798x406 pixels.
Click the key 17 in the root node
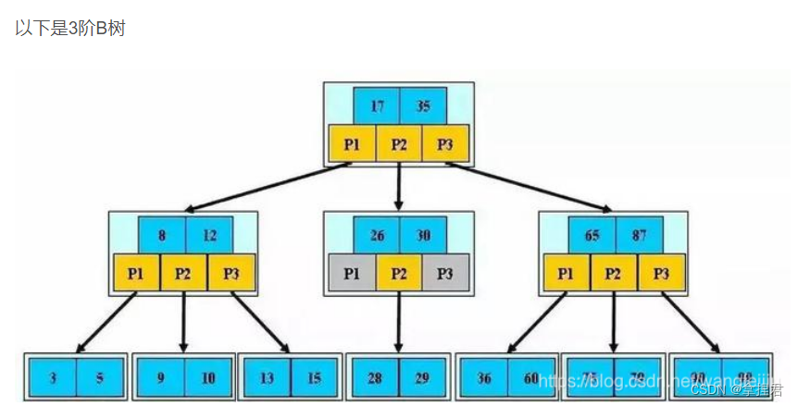[377, 106]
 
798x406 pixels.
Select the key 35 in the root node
[423, 106]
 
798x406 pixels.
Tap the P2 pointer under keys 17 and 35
[399, 143]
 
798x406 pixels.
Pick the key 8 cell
[162, 235]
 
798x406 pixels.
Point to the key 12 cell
[208, 235]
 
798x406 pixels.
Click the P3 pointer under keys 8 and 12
[231, 273]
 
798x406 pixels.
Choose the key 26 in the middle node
[377, 235]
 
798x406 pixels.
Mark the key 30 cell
[423, 235]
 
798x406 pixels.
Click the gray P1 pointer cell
[352, 273]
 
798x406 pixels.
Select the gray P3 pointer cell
[445, 273]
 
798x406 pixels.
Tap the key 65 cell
[592, 235]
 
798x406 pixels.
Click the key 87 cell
[638, 235]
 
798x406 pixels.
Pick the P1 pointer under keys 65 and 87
[567, 273]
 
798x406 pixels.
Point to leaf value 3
[53, 377]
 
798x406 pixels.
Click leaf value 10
[207, 377]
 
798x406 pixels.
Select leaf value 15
[314, 377]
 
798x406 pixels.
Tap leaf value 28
[376, 377]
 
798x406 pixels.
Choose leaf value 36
[484, 377]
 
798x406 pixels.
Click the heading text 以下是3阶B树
[69, 28]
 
